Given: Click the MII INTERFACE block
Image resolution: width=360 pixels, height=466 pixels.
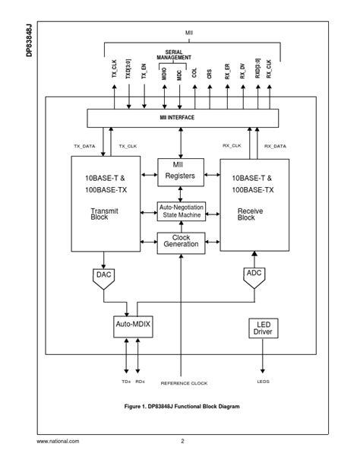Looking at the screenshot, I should coord(182,119).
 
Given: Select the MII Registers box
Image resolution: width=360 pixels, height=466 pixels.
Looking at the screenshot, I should coord(181,171).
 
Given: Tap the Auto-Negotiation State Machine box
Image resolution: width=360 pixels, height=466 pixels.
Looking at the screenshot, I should coord(181,211).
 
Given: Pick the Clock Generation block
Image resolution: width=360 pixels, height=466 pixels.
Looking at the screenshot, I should coord(181,242).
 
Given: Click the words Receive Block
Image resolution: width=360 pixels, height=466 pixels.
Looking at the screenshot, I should coord(246,214).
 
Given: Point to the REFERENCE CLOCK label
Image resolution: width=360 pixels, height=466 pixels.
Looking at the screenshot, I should coord(184,383).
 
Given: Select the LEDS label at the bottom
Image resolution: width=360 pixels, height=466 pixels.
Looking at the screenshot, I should coord(263,382).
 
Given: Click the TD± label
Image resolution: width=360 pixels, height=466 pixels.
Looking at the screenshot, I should coord(126,382).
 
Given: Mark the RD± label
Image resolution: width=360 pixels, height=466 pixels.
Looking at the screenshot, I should coord(140,382).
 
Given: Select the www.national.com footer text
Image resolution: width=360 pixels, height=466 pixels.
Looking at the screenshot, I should coord(58,441).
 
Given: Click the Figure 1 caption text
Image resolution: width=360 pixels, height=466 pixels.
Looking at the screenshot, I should coord(182,407).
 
